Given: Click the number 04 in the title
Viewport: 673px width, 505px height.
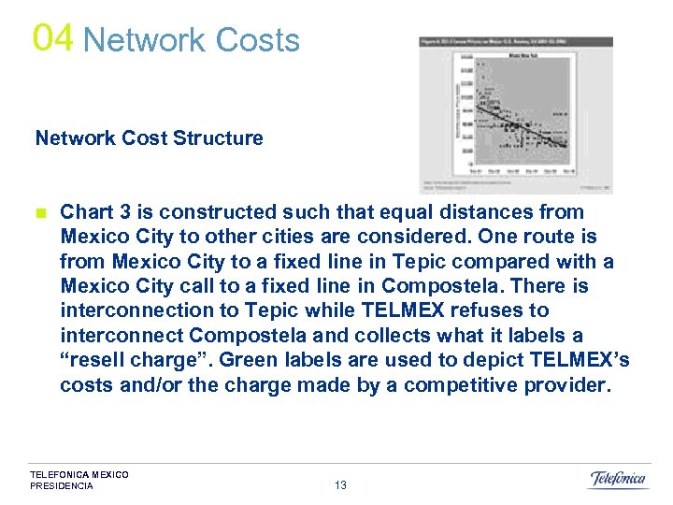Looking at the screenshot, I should click(x=52, y=37).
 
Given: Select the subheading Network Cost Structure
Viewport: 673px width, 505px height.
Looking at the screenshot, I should click(x=149, y=138).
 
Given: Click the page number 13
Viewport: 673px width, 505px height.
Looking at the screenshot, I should click(x=340, y=484).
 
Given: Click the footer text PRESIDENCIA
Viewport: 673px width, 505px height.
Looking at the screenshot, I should click(x=62, y=486).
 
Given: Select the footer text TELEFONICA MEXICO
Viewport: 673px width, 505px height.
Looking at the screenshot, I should click(x=79, y=475).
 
